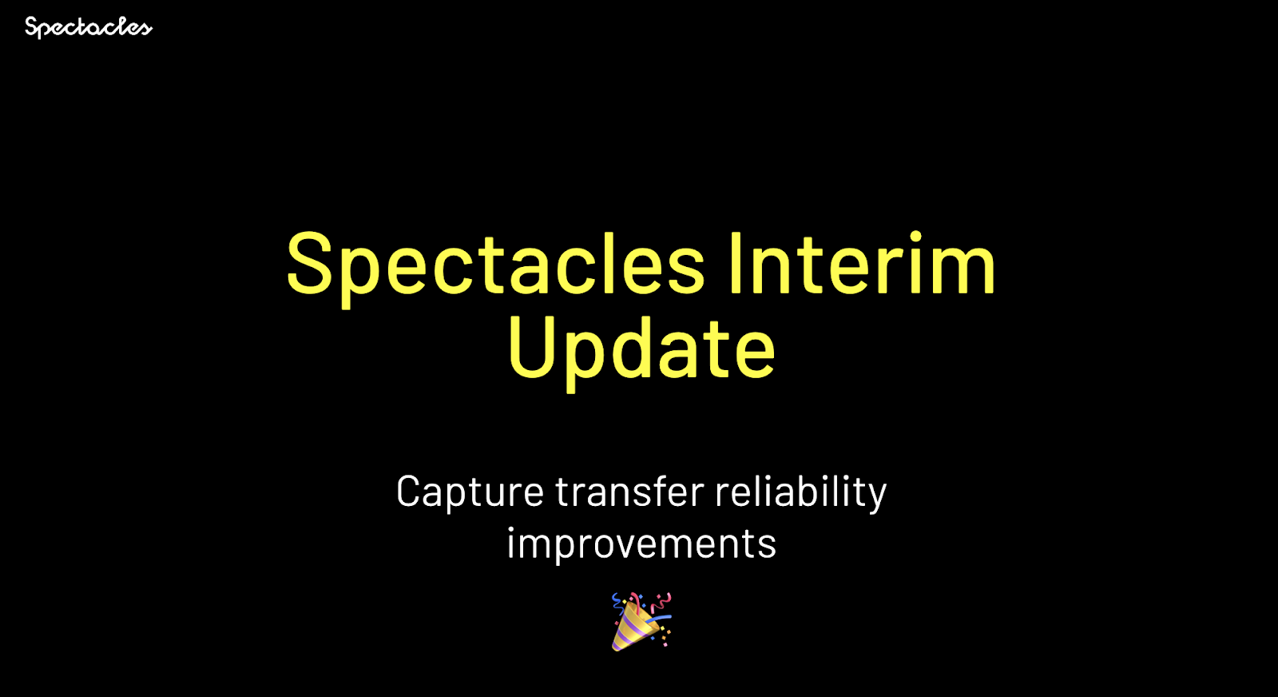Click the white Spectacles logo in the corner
point(89,27)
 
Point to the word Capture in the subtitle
point(470,492)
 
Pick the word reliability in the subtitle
point(801,492)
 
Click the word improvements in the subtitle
point(641,544)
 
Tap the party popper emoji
point(641,622)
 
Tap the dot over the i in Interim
point(915,237)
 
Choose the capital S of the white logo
point(33,26)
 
